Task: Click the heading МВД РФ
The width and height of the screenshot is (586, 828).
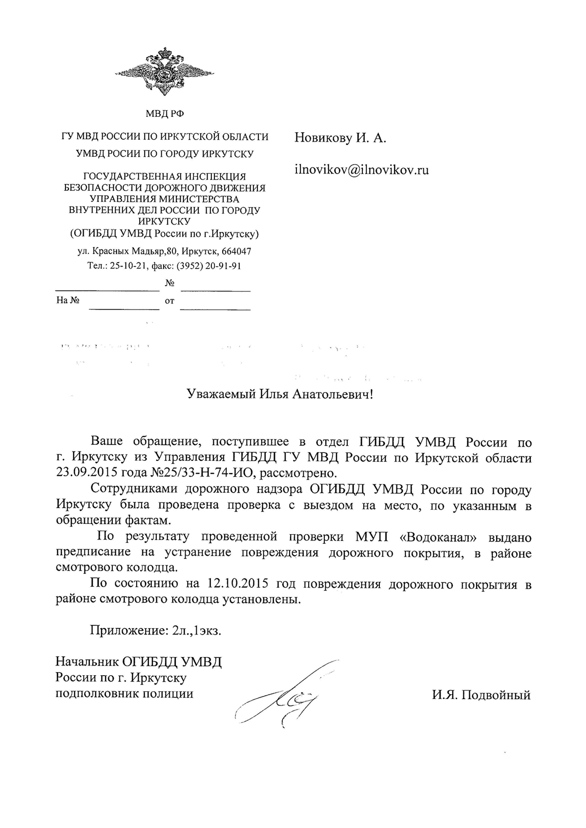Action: [165, 114]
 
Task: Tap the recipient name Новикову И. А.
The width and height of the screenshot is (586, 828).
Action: [340, 139]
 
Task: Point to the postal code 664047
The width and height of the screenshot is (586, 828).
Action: [236, 252]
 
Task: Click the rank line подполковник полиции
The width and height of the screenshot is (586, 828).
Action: [125, 694]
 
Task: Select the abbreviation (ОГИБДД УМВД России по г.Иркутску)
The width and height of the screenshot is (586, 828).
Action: [165, 234]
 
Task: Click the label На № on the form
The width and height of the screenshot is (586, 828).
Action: [68, 301]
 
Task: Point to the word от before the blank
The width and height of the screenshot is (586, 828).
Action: [169, 301]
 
